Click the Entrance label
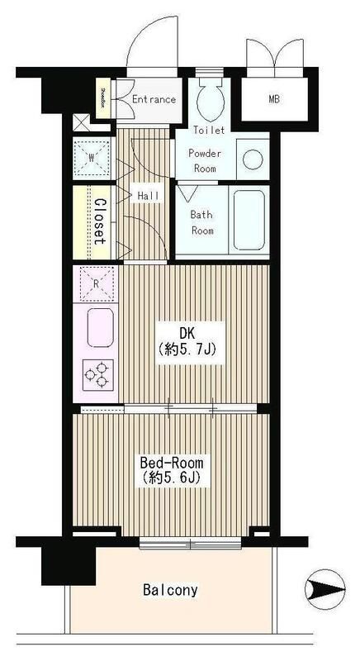154,99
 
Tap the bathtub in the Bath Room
248,220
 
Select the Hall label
149,195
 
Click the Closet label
97,221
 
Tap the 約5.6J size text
173,478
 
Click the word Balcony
170,590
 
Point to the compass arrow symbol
324,588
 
